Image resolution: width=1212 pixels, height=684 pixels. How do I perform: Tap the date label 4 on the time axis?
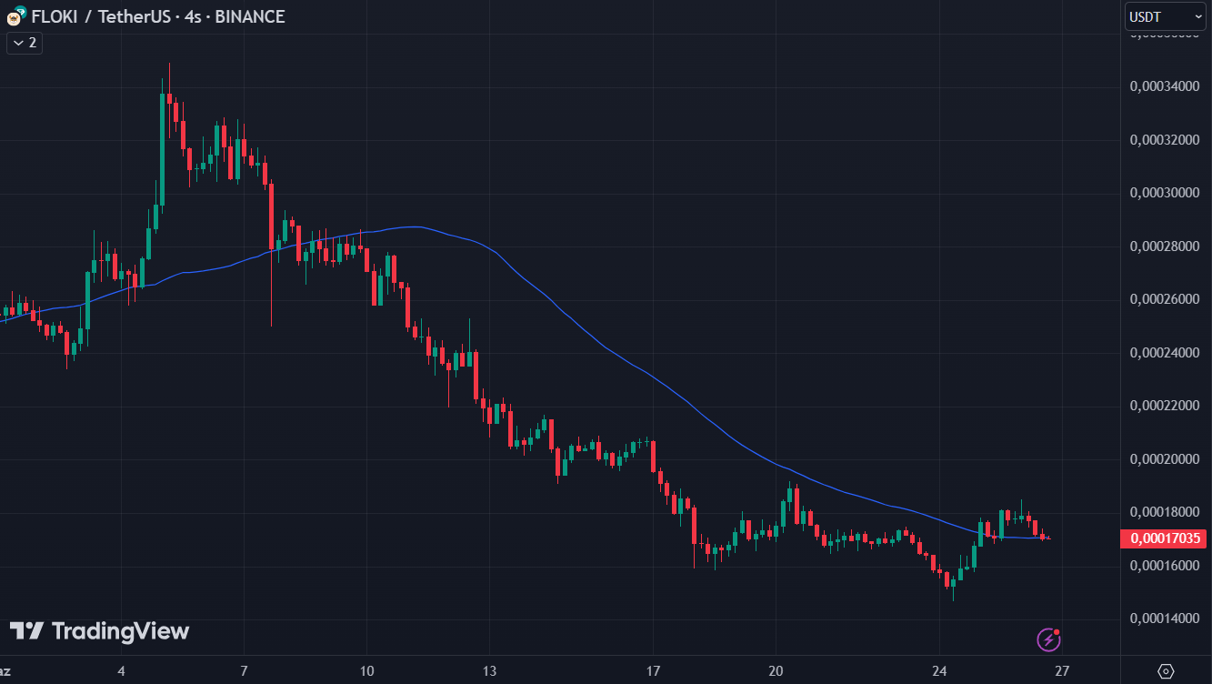pyautogui.click(x=121, y=671)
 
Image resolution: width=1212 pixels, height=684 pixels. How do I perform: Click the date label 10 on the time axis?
pyautogui.click(x=366, y=671)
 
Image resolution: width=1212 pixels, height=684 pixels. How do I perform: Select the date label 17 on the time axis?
pyautogui.click(x=653, y=671)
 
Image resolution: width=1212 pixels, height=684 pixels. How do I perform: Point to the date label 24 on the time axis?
pyautogui.click(x=939, y=671)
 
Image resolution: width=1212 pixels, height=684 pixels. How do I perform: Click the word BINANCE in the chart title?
pyautogui.click(x=250, y=16)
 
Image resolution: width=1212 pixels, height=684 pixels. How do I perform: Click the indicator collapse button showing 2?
pyautogui.click(x=25, y=42)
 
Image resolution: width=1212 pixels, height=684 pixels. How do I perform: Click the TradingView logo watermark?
pyautogui.click(x=100, y=631)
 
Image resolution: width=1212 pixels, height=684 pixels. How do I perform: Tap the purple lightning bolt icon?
pyautogui.click(x=1049, y=639)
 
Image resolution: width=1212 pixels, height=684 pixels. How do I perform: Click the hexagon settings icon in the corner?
pyautogui.click(x=1167, y=671)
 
